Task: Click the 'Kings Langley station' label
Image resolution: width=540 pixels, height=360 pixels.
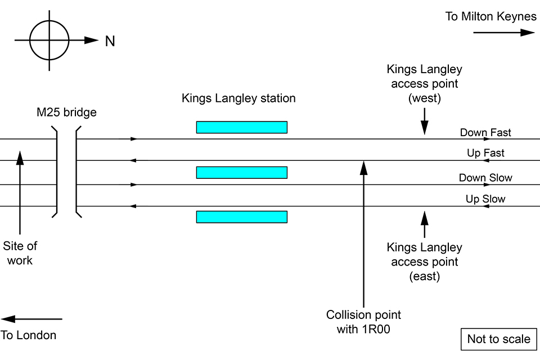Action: [x=238, y=98]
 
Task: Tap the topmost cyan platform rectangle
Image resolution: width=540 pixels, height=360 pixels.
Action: [x=241, y=127]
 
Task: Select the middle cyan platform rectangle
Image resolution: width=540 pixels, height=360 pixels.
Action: [x=241, y=172]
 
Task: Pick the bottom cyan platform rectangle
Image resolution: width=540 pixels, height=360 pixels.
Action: [x=241, y=217]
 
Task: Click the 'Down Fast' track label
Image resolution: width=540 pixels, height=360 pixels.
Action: [x=485, y=133]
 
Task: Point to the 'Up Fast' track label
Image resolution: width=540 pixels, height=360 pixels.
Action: [x=485, y=153]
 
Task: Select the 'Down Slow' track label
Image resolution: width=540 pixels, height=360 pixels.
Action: [x=485, y=178]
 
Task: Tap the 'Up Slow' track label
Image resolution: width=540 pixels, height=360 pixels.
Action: [x=485, y=199]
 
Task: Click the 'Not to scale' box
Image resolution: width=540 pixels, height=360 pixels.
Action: [x=499, y=339]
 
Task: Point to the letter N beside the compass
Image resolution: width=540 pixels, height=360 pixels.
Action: [x=110, y=41]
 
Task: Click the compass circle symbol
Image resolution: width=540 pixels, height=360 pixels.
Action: [x=49, y=40]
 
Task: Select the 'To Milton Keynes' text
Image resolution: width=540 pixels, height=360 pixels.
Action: [x=491, y=16]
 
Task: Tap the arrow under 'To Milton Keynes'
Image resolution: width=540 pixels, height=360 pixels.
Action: [x=503, y=33]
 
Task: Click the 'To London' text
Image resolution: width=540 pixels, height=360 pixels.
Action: [x=29, y=335]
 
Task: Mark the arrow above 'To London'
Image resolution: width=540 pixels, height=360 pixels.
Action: [x=31, y=319]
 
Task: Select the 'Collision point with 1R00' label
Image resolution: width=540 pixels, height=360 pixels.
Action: [x=363, y=322]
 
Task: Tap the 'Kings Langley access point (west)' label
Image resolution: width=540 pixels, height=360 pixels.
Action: [x=424, y=84]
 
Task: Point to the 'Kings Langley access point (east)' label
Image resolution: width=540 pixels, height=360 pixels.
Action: [x=424, y=262]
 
